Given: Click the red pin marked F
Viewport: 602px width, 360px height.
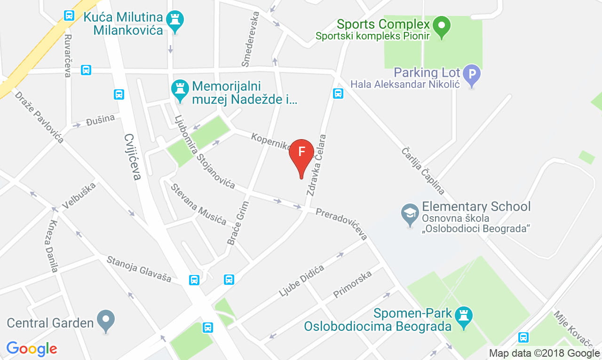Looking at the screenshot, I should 301,153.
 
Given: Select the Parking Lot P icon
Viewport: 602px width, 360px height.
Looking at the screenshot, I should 472,74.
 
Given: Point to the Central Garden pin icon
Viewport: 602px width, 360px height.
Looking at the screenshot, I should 105,320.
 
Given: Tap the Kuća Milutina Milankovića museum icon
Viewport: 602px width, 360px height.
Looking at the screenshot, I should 176,20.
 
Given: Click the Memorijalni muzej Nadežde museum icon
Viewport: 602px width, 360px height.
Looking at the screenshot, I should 179,89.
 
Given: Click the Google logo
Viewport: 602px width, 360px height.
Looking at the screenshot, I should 32,348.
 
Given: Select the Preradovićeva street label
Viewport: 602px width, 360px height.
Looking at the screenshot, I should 341,224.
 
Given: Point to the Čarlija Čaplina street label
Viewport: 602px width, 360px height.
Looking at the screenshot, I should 423,171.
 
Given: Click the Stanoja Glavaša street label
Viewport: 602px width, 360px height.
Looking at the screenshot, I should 139,268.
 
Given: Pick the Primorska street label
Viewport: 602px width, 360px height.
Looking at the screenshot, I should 352,284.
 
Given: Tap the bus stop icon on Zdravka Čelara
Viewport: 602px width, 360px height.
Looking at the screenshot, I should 338,94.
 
